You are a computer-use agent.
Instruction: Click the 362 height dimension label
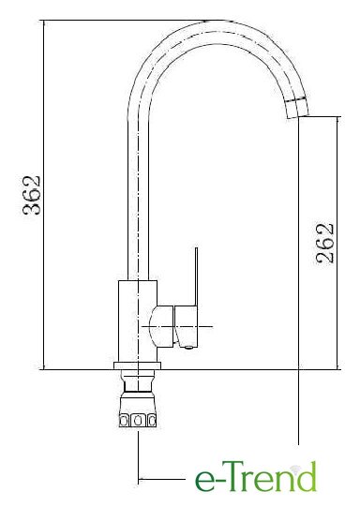tap(32, 195)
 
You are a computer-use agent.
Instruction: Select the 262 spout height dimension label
tap(324, 243)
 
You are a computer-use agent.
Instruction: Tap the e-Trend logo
tap(256, 478)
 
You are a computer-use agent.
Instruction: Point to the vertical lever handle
tap(196, 276)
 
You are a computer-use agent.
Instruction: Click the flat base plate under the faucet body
tap(138, 365)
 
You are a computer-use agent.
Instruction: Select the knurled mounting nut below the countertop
tap(138, 410)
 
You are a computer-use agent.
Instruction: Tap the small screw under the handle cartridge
tap(187, 348)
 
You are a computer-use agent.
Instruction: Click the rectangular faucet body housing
tap(138, 321)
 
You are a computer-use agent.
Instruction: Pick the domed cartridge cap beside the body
tap(162, 326)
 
